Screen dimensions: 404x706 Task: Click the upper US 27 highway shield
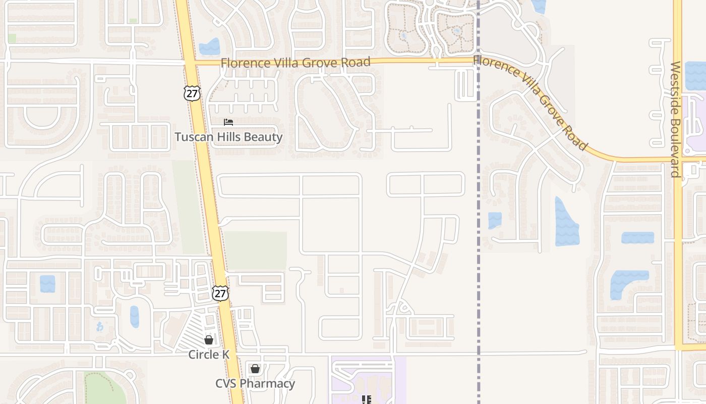click(192, 93)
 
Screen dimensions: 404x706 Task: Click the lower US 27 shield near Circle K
click(220, 293)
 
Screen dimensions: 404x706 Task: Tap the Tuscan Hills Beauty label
click(228, 137)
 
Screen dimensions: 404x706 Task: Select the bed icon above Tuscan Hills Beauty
click(228, 122)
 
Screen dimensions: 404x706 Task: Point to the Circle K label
click(209, 355)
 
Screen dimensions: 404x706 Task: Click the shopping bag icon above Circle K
click(208, 340)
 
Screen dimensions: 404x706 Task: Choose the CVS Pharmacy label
click(255, 383)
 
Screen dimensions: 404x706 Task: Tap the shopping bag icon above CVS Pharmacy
click(255, 369)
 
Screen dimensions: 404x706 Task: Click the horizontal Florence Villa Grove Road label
click(296, 63)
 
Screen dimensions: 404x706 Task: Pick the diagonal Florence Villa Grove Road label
click(531, 103)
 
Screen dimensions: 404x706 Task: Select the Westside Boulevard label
click(676, 119)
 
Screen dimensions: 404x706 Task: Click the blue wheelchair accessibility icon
click(99, 327)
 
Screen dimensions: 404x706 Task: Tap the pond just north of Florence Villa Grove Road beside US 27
click(209, 47)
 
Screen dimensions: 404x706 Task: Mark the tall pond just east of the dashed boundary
click(566, 222)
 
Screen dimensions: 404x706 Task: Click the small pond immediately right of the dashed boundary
click(495, 220)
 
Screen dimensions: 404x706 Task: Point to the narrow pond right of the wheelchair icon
click(134, 317)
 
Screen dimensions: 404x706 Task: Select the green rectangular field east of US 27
click(255, 251)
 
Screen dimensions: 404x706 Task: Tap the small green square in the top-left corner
click(12, 38)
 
